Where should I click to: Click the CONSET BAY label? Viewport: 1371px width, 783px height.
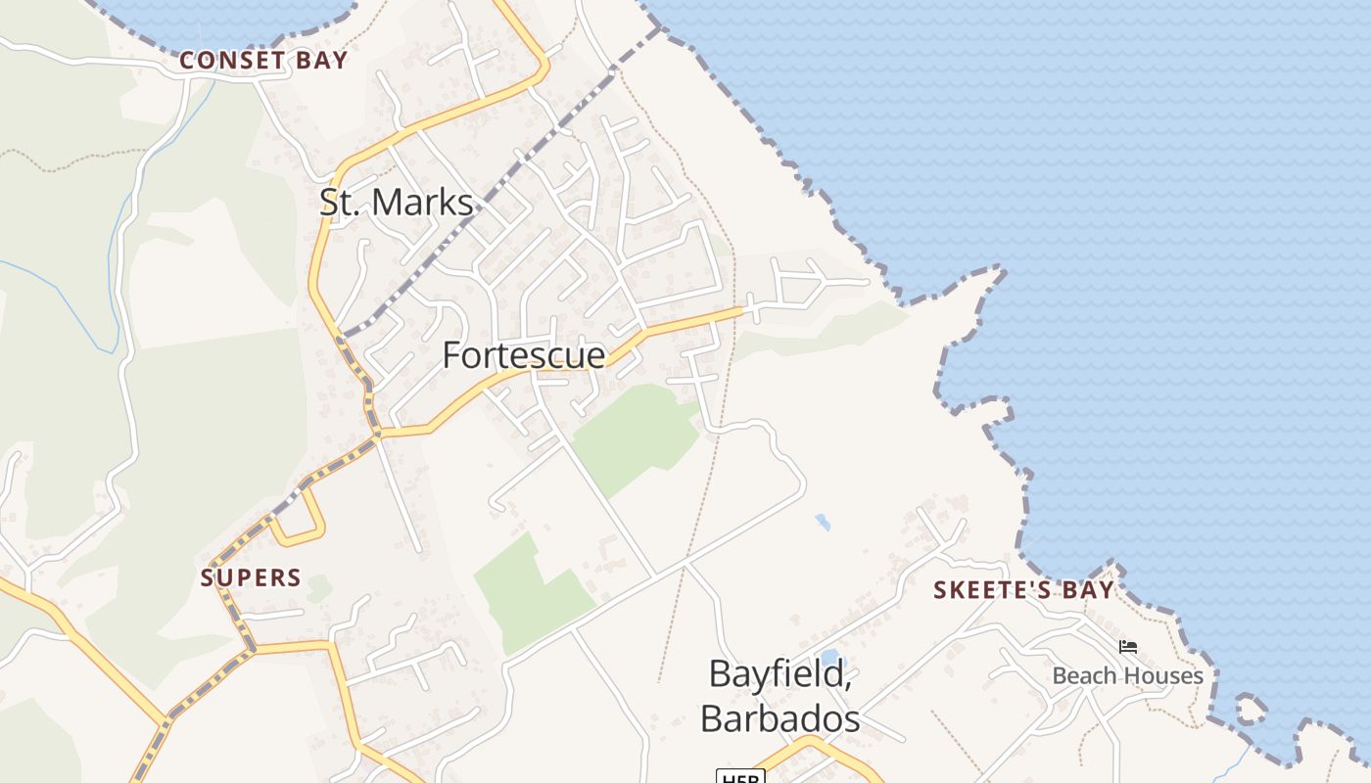(262, 61)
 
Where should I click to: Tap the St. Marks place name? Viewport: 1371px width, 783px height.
(397, 203)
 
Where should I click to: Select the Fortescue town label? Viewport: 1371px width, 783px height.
(524, 355)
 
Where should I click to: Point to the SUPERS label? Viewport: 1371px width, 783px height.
(251, 577)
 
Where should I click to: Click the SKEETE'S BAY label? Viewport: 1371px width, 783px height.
(1023, 590)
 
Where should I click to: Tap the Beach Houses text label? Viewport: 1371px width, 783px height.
(1127, 675)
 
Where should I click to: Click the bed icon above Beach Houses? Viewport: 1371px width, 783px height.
(1128, 647)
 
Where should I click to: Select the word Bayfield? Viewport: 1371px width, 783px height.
(779, 673)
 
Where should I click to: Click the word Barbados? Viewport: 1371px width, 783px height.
(780, 719)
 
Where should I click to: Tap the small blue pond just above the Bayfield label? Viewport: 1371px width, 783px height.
(829, 656)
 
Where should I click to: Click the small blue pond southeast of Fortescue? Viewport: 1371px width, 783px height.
(823, 522)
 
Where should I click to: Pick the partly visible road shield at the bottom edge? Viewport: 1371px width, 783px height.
(739, 777)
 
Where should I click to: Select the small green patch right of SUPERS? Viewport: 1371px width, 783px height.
(318, 589)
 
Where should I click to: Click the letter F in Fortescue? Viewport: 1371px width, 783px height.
(451, 355)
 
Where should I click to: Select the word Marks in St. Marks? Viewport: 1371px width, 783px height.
(424, 203)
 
